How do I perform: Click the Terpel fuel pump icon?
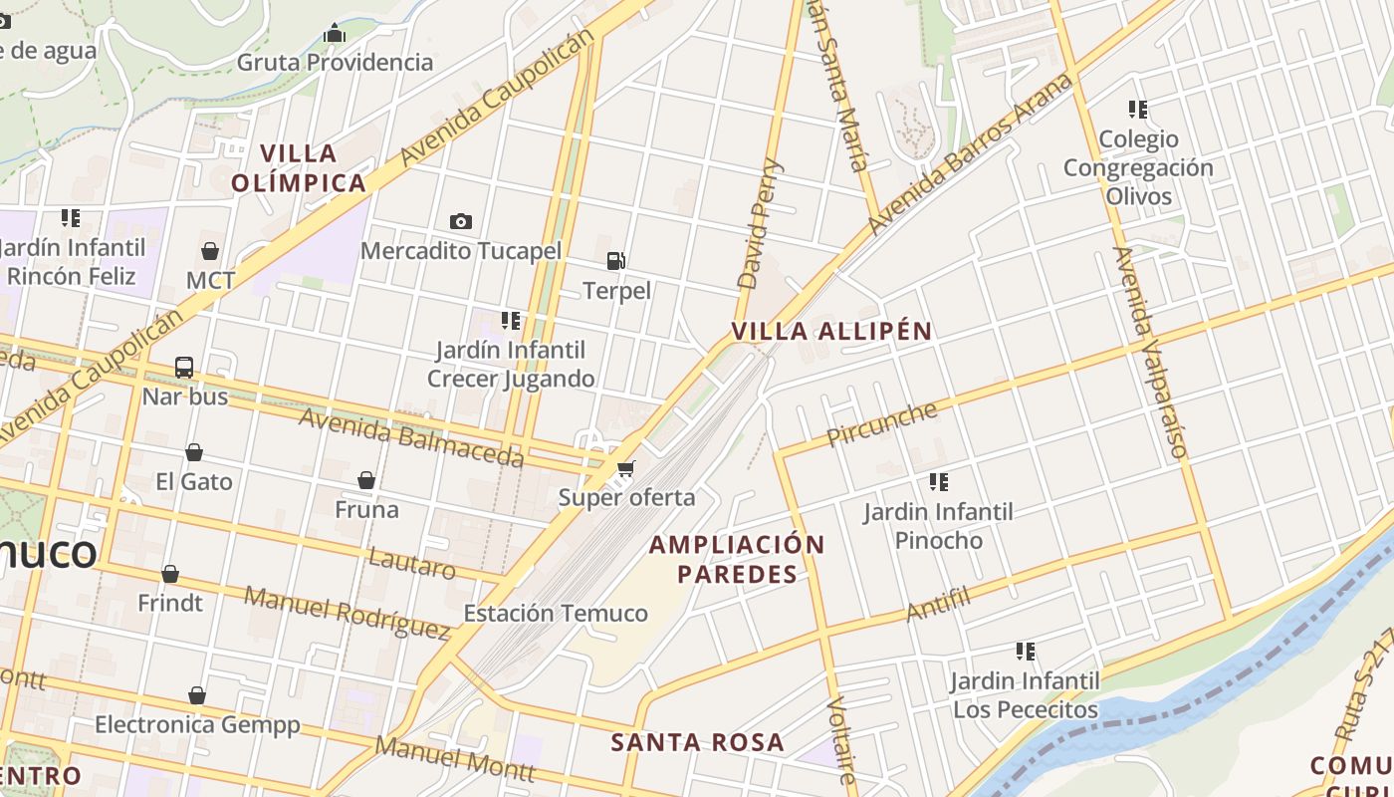616,261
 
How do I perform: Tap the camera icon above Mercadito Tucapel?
460,221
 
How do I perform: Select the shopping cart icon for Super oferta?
625,468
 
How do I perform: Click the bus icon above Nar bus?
184,367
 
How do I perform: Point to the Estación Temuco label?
556,613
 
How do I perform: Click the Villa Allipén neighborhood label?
831,332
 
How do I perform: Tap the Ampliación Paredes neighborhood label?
738,559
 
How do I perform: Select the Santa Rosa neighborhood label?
697,742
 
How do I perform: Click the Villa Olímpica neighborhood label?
299,168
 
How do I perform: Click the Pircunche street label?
882,423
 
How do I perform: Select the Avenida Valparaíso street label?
1150,354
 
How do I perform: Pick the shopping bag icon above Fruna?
366,480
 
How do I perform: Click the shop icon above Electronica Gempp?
197,694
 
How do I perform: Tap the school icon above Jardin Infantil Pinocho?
938,482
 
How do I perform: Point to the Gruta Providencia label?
335,63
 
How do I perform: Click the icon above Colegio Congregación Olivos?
1137,109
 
